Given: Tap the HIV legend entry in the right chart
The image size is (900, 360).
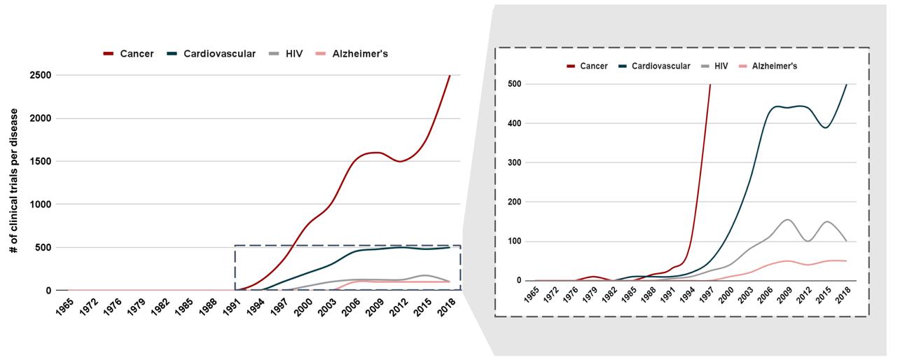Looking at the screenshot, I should click(x=721, y=66).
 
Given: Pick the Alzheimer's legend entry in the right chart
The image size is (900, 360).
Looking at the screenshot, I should click(x=774, y=66).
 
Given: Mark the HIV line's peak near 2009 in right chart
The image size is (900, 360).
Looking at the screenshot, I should click(x=787, y=220).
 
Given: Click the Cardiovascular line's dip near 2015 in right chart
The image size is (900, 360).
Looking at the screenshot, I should click(x=826, y=127).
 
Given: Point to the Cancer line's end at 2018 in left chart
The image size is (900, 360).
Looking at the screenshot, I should click(x=450, y=75).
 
